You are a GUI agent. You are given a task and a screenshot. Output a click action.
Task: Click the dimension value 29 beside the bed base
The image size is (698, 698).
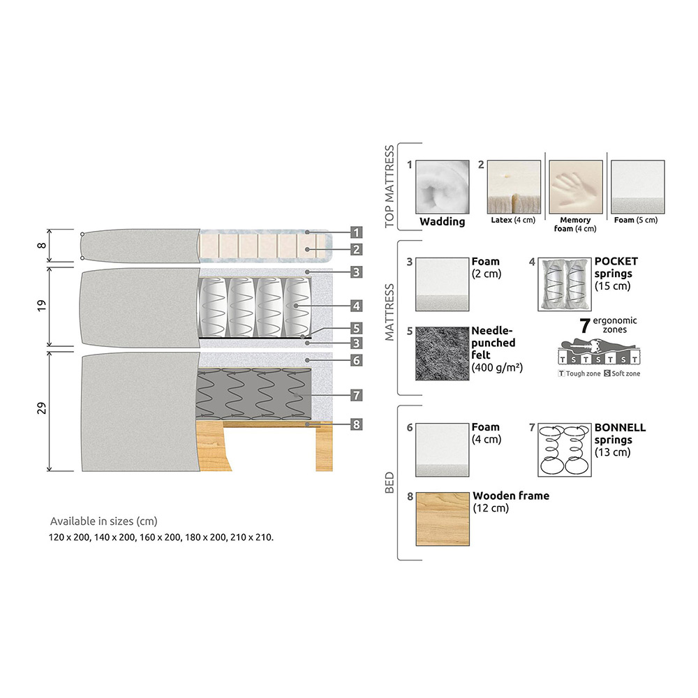42,410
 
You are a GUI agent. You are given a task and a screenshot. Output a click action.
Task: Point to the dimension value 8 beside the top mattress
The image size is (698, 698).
42,245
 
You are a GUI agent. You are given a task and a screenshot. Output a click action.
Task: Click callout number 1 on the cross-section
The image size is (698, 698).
356,232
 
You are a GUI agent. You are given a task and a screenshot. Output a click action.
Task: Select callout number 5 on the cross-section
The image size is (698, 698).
356,327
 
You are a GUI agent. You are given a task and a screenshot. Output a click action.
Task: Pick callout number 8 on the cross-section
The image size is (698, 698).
356,423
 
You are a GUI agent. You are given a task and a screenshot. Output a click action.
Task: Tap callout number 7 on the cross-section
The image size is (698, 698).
356,396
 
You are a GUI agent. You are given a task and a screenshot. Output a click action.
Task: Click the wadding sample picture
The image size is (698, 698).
443,187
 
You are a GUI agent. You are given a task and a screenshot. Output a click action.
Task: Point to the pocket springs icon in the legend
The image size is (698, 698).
565,284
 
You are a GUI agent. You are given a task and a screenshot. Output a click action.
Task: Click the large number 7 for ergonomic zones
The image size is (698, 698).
586,325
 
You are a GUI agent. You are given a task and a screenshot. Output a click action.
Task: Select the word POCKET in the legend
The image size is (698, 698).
616,262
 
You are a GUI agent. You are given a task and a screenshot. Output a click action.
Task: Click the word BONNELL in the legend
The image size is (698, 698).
620,427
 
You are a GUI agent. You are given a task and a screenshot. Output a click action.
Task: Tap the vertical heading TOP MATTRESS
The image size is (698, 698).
390,186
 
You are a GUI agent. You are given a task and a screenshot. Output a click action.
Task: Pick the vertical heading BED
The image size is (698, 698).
390,482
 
